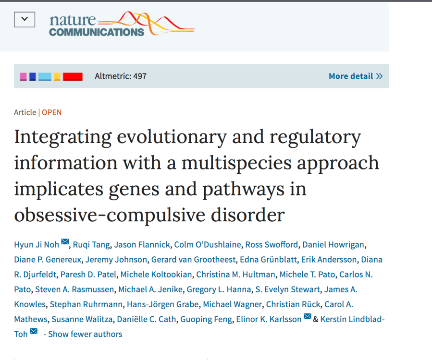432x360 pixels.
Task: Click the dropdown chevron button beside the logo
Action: point(25,20)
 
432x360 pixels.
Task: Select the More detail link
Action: point(355,76)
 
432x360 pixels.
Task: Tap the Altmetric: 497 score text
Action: point(121,76)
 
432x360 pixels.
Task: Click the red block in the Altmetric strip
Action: point(73,76)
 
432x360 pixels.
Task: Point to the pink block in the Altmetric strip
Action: point(23,76)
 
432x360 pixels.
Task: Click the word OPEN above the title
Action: point(51,112)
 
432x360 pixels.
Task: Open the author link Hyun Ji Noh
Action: point(37,245)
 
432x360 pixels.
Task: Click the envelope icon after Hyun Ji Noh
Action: point(65,242)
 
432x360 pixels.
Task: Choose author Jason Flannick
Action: point(142,245)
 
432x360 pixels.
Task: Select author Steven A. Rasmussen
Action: point(74,289)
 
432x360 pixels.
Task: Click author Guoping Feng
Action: point(206,319)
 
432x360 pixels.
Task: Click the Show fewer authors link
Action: point(83,334)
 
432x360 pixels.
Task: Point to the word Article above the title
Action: point(25,112)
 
